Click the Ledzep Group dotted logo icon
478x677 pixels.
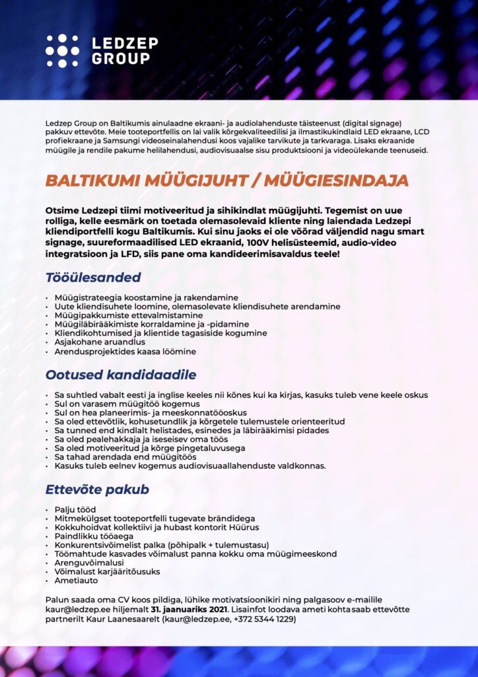(62, 51)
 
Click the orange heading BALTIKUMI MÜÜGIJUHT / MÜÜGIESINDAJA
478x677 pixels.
(226, 180)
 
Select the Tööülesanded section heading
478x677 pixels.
(92, 276)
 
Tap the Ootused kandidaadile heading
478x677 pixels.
(121, 375)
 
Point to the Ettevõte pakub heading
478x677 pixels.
(97, 490)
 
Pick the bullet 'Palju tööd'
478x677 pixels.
(75, 510)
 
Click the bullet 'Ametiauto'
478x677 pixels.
(77, 580)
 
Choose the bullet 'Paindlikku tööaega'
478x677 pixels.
(94, 536)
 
